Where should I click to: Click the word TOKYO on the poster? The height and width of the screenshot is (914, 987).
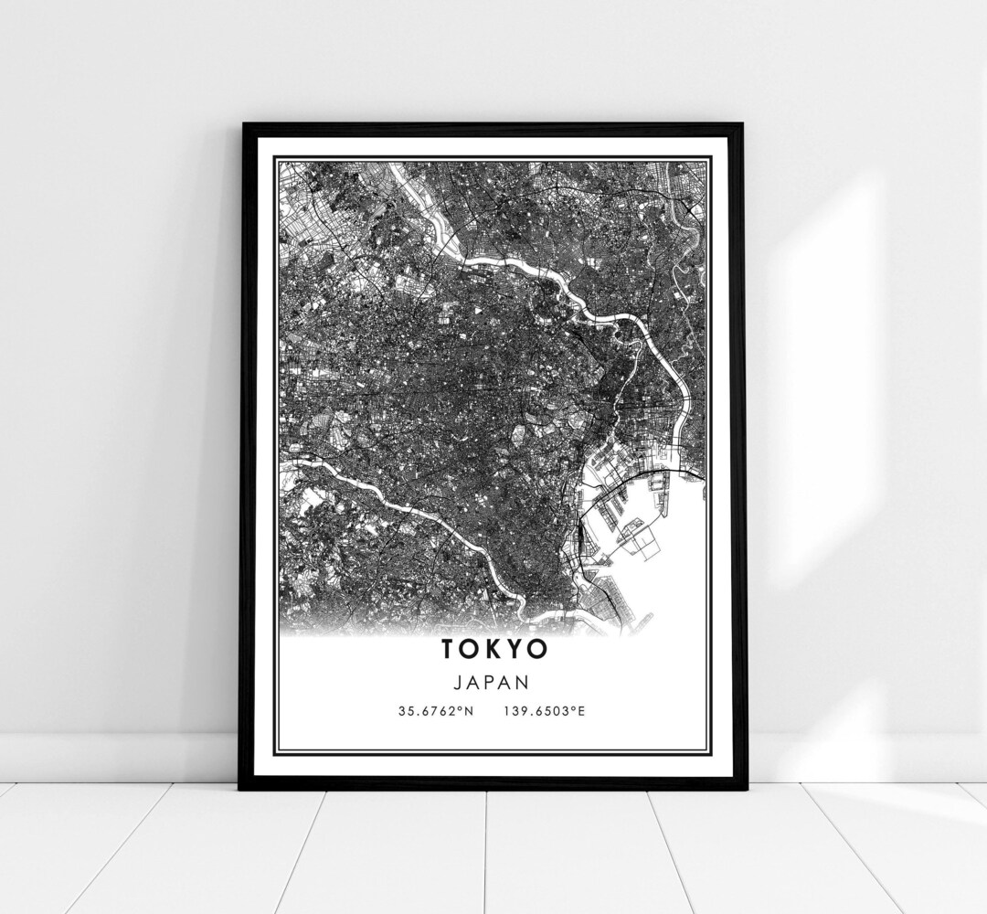(494, 648)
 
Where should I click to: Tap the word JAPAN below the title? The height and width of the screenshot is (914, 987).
(494, 681)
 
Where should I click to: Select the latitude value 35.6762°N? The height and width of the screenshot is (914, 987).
(436, 710)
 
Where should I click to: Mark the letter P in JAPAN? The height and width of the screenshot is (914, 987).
(494, 681)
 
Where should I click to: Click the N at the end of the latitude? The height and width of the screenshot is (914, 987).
(469, 710)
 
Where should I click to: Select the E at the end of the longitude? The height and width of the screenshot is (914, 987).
(579, 710)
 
